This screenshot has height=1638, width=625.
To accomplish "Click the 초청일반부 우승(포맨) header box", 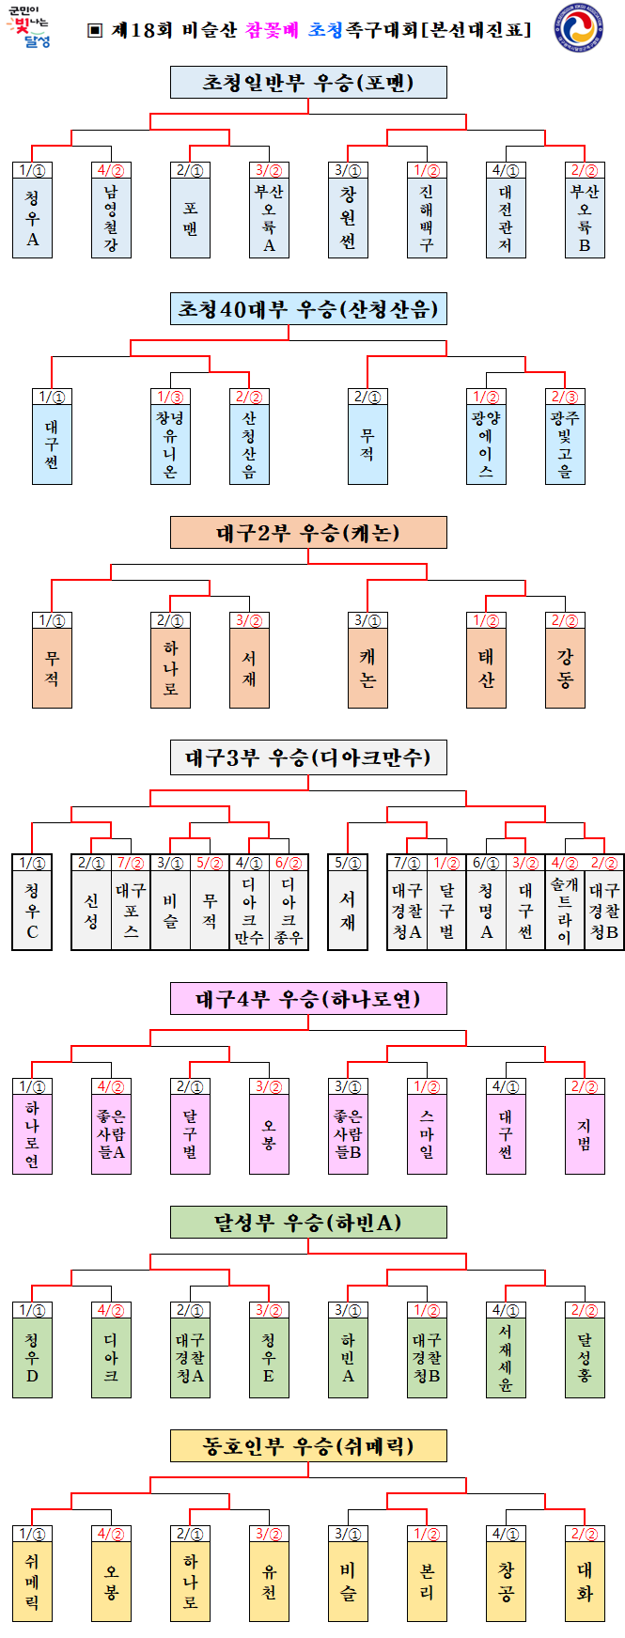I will tap(308, 83).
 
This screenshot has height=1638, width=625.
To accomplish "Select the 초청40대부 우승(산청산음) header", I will tap(308, 309).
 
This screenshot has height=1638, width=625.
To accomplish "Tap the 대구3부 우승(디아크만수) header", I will tap(308, 757).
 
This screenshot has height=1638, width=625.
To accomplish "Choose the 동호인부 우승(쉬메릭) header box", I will tap(308, 1445).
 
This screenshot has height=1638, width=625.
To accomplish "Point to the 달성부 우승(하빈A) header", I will tap(308, 1223).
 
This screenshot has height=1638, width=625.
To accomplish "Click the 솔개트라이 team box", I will tap(565, 910).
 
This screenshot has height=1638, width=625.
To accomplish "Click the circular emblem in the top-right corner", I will tap(579, 29).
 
